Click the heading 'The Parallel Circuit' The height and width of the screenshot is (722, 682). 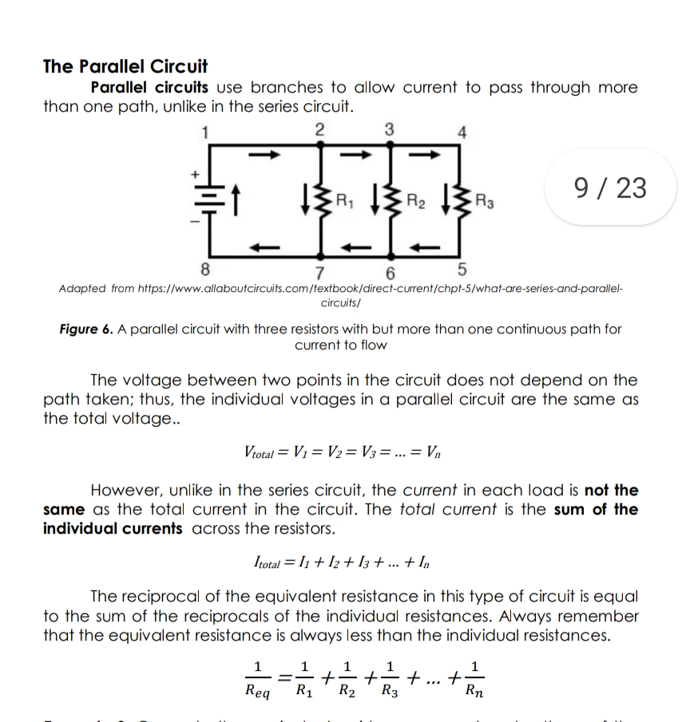pos(125,66)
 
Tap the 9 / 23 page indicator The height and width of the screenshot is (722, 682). pos(610,188)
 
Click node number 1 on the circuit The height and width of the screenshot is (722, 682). pos(205,132)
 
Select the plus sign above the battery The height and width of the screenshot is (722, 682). pos(192,172)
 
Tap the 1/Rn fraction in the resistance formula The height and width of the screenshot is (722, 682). pos(476,680)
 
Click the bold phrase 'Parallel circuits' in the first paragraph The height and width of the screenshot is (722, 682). pos(149,87)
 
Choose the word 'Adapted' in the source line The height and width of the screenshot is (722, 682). pos(82,287)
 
